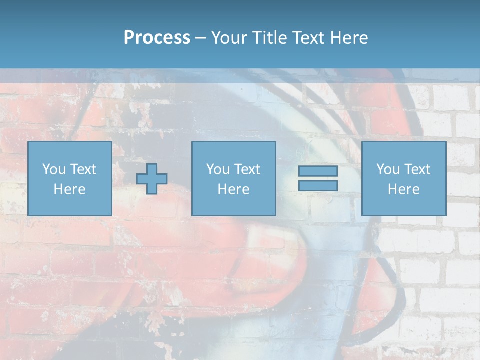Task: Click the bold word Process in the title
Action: (157, 38)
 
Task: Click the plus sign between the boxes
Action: (152, 179)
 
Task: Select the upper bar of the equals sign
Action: (318, 171)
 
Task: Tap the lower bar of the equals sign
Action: (318, 185)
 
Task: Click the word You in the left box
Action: (53, 169)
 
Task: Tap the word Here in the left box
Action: (69, 189)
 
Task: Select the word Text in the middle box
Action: (247, 169)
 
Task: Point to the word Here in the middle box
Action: (233, 189)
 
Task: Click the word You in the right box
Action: (387, 169)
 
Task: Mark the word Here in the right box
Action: (403, 189)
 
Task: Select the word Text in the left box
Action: (83, 169)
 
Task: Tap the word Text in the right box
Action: (417, 169)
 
